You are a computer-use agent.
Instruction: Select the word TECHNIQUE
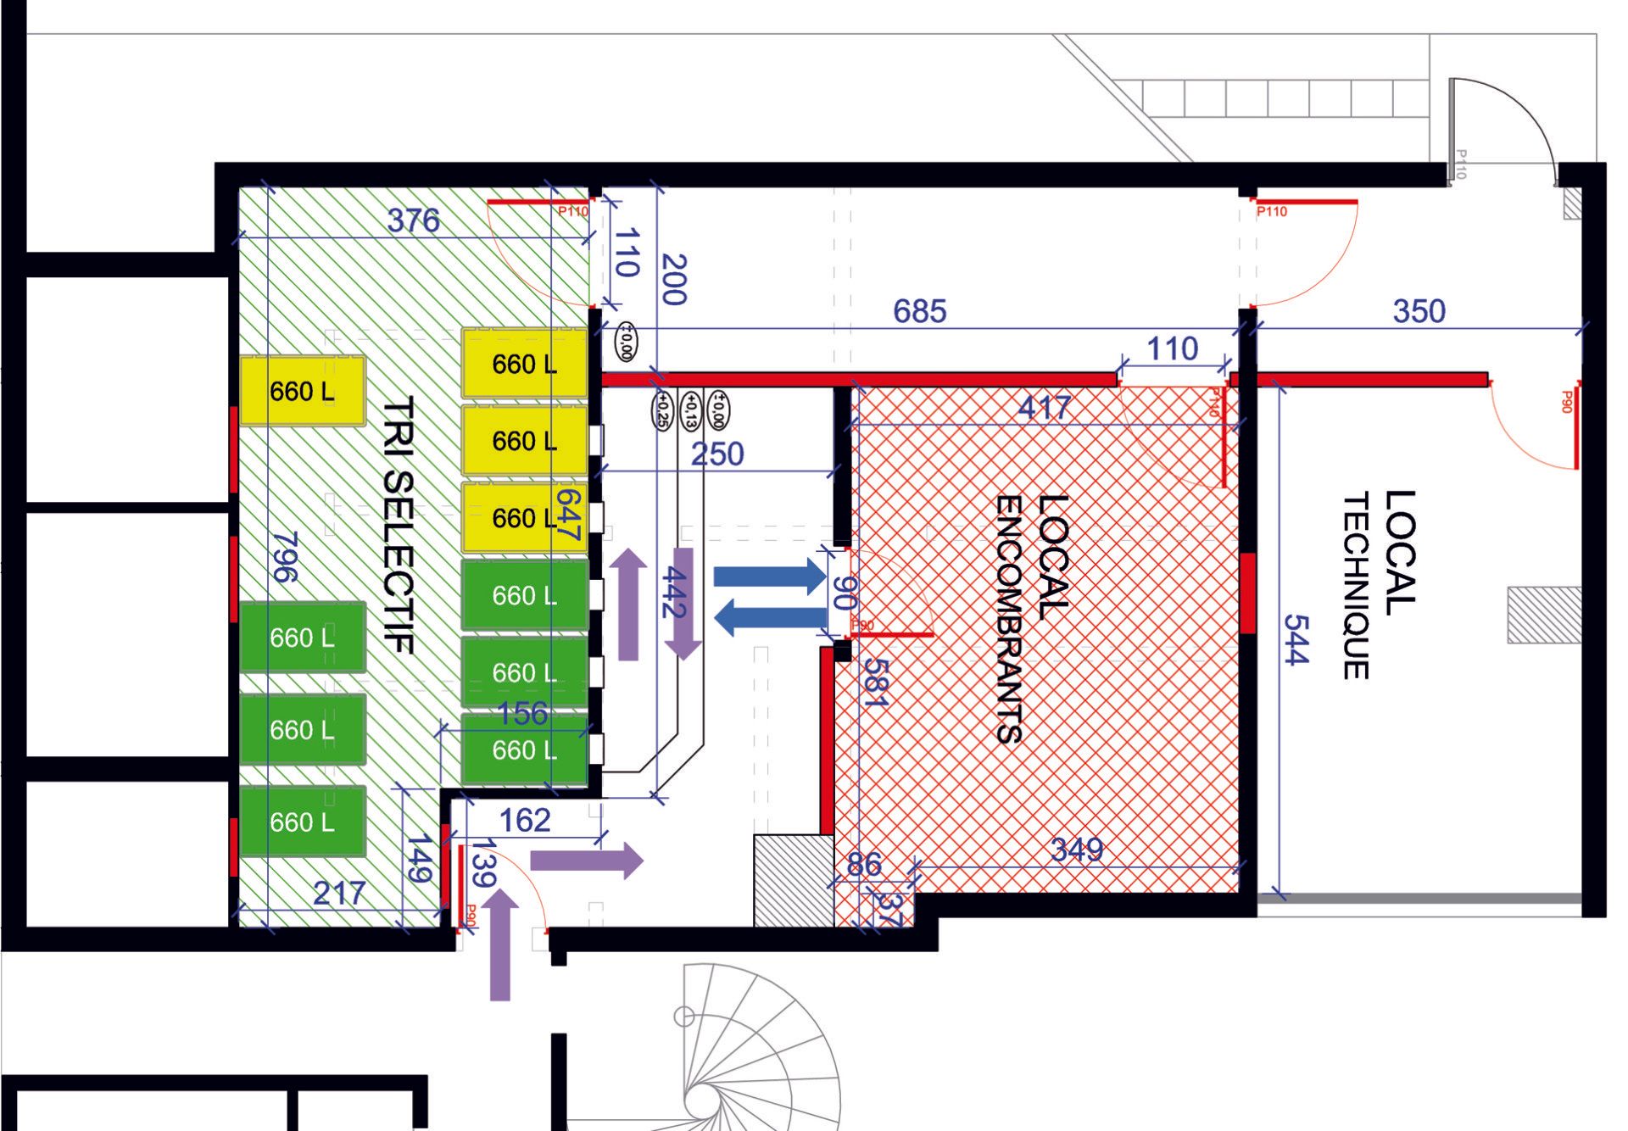point(1356,586)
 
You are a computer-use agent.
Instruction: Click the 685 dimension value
point(919,311)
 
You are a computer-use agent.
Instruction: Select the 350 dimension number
point(1419,311)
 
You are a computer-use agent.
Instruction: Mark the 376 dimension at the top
point(414,220)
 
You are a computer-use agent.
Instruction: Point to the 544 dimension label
point(1296,639)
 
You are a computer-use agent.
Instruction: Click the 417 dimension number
point(1045,408)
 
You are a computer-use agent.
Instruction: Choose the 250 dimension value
point(717,454)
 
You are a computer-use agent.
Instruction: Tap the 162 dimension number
point(525,820)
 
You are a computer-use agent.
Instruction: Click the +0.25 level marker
point(661,409)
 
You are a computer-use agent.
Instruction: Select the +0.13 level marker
point(690,409)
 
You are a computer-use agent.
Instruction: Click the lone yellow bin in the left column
point(303,391)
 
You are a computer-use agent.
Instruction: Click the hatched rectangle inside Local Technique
point(1544,615)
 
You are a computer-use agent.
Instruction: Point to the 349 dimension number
point(1077,850)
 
